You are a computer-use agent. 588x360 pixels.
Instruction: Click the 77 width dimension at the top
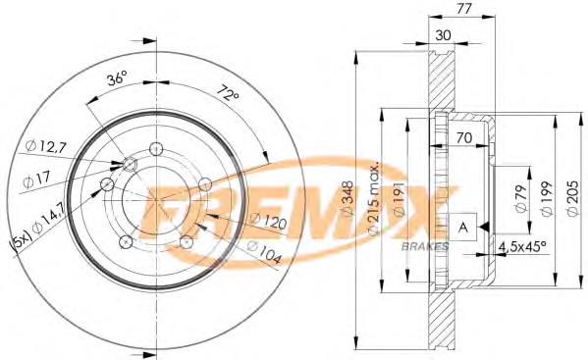tap(464, 8)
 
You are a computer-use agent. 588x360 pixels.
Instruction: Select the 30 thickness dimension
tap(443, 35)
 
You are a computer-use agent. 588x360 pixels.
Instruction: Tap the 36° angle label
tap(116, 78)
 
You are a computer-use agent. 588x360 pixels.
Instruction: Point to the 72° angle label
tap(228, 93)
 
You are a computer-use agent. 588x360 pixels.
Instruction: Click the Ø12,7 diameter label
tap(46, 146)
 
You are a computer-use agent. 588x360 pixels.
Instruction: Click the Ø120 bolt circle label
tap(268, 221)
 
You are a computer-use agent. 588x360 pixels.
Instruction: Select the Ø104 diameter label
tap(264, 252)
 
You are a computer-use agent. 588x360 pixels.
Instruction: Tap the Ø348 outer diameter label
tap(347, 198)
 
